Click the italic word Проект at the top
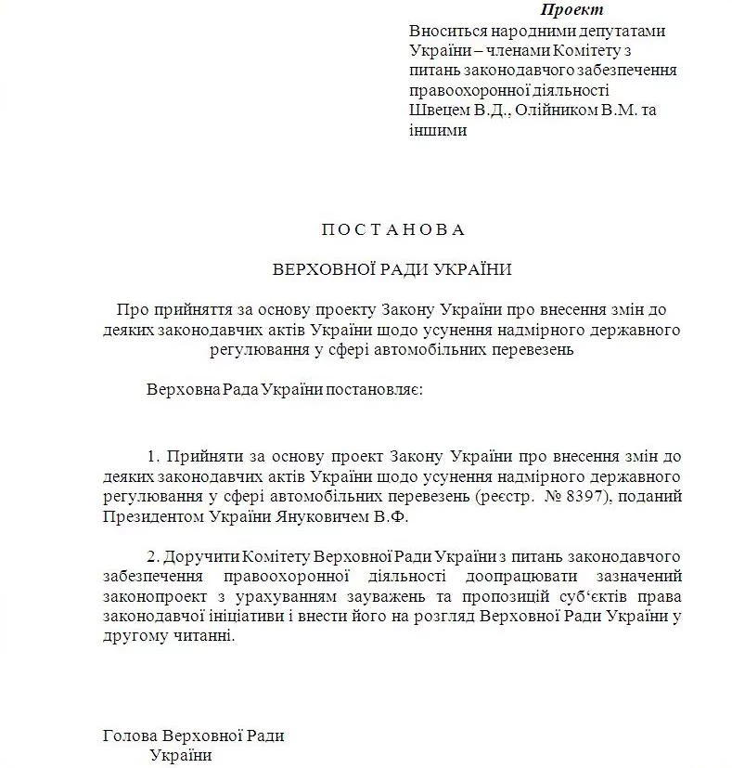[x=571, y=11]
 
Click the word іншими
[x=438, y=131]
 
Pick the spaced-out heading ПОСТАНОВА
[x=392, y=229]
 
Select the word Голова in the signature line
[x=130, y=735]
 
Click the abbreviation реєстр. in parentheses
[x=503, y=497]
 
